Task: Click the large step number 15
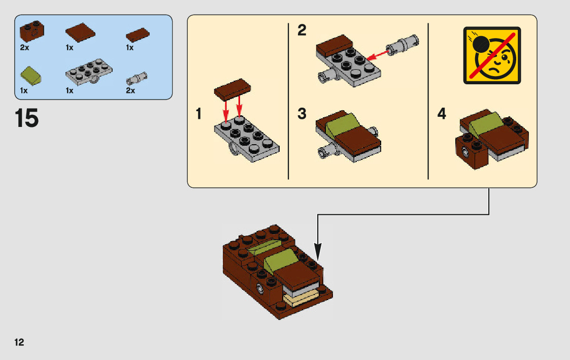[x=27, y=118]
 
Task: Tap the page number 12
[x=19, y=342]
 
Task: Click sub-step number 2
[x=302, y=31]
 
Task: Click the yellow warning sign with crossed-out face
[x=492, y=55]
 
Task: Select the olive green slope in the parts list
[x=30, y=76]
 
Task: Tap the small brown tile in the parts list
[x=137, y=35]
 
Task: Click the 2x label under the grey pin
[x=130, y=91]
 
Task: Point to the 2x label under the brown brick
[x=24, y=48]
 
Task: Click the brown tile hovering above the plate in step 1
[x=233, y=90]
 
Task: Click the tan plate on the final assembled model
[x=300, y=300]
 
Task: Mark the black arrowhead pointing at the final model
[x=318, y=251]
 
